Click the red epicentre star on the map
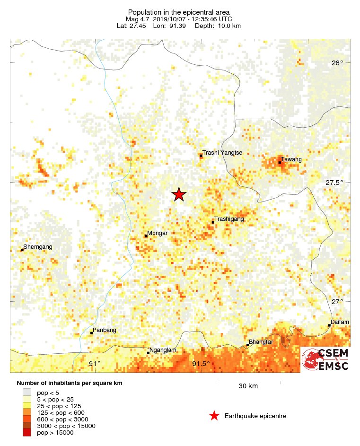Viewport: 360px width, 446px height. [x=178, y=194]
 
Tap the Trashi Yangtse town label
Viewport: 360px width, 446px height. [x=222, y=153]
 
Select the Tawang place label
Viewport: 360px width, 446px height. [x=291, y=159]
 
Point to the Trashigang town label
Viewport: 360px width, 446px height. [x=230, y=219]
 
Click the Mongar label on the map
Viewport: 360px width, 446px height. [x=158, y=233]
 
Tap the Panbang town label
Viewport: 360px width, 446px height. [x=105, y=330]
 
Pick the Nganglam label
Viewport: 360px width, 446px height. [x=163, y=350]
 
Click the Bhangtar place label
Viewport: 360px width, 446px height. [x=261, y=341]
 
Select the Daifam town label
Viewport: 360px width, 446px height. [x=340, y=322]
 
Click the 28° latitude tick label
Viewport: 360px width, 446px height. [x=337, y=63]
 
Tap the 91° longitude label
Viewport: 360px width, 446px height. [x=95, y=363]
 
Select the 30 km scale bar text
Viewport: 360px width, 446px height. [x=248, y=386]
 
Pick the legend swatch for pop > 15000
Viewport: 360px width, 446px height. [x=27, y=432]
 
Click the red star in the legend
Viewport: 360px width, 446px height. [x=214, y=416]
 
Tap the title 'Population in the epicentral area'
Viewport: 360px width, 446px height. [x=179, y=12]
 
